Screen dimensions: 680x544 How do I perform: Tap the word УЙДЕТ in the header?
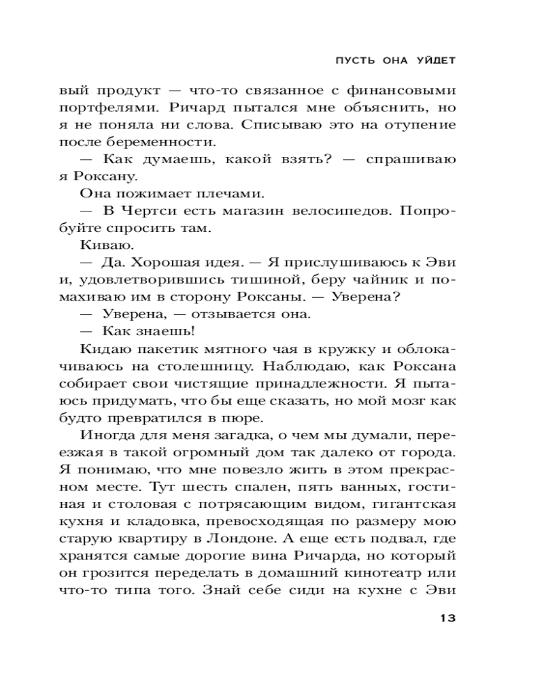tap(435, 61)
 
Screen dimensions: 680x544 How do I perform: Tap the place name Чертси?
tap(145, 214)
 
